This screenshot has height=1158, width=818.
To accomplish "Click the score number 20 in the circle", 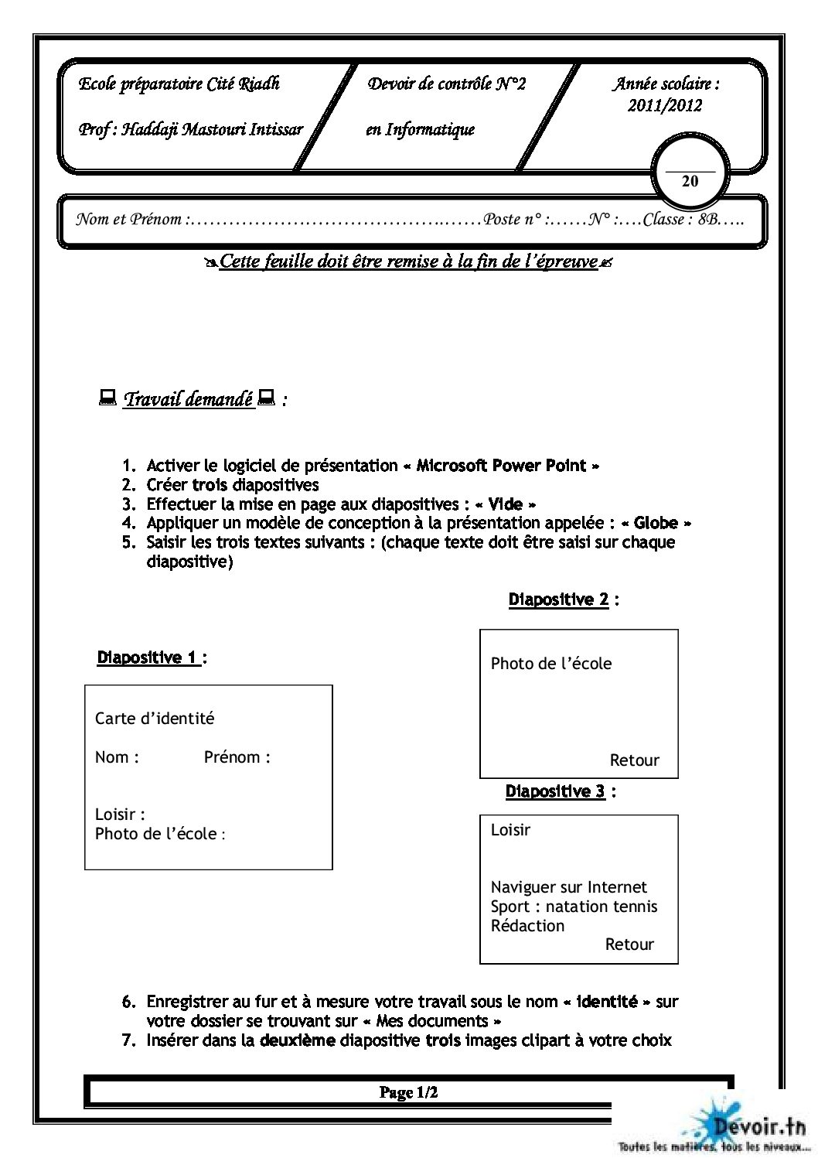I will pyautogui.click(x=690, y=181).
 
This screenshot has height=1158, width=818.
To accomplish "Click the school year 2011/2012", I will pyautogui.click(x=665, y=106).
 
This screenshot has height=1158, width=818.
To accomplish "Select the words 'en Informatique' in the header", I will pyautogui.click(x=420, y=129).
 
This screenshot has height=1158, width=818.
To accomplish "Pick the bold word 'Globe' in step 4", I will pyautogui.click(x=656, y=523).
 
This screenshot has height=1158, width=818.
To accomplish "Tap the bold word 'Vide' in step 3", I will pyautogui.click(x=506, y=504).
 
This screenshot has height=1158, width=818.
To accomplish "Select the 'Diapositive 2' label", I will pyautogui.click(x=558, y=599).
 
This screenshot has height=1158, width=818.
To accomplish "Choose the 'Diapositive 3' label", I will pyautogui.click(x=555, y=791).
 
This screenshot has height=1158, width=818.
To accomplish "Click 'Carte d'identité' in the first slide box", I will pyautogui.click(x=155, y=719).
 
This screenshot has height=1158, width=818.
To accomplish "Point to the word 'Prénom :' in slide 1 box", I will pyautogui.click(x=237, y=757).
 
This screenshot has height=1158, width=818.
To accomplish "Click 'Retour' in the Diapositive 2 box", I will pyautogui.click(x=634, y=760).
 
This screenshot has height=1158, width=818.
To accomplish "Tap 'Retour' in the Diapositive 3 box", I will pyautogui.click(x=629, y=945).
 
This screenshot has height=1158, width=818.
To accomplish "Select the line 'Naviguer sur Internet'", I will pyautogui.click(x=568, y=887).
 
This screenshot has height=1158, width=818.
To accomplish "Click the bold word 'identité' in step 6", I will pyautogui.click(x=608, y=1002).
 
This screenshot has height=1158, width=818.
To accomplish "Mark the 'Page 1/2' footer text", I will pyautogui.click(x=409, y=1092).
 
